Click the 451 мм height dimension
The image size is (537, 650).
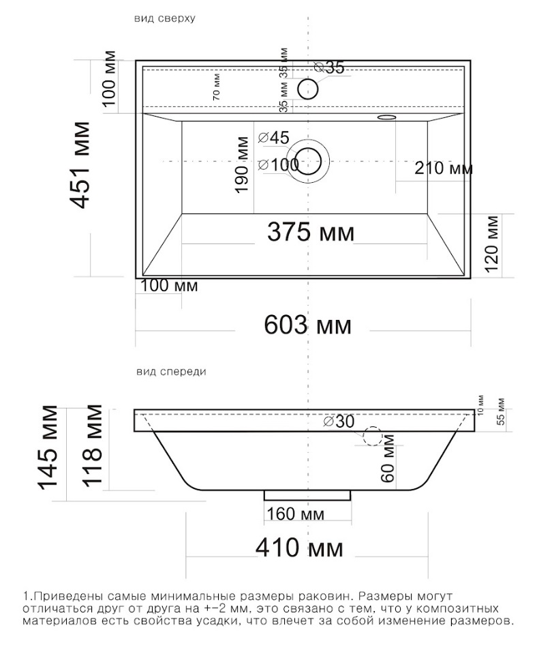click(x=80, y=165)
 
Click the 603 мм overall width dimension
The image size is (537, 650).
click(x=307, y=325)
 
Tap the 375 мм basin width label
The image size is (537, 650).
click(x=311, y=232)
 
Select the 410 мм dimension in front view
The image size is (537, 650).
click(x=299, y=548)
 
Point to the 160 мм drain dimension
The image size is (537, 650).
click(x=295, y=514)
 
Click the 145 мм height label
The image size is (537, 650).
click(x=48, y=447)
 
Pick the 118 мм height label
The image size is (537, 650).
click(x=91, y=445)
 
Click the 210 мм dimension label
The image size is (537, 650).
click(x=444, y=168)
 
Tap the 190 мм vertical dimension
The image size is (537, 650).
click(x=241, y=165)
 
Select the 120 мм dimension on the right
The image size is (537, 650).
click(x=491, y=243)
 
